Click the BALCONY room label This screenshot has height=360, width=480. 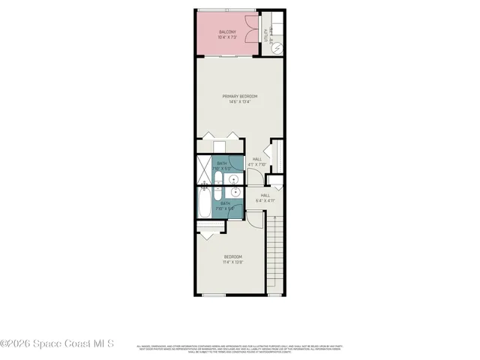[226, 31]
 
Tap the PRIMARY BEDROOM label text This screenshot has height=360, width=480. [240, 97]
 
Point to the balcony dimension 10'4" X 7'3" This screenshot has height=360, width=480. [226, 37]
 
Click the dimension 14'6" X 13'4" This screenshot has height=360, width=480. [240, 102]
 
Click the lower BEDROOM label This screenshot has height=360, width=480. [232, 257]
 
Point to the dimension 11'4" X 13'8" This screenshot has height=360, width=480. [232, 262]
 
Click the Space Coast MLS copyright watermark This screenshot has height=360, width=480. [57, 344]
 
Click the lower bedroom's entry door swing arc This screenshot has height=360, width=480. [253, 217]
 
